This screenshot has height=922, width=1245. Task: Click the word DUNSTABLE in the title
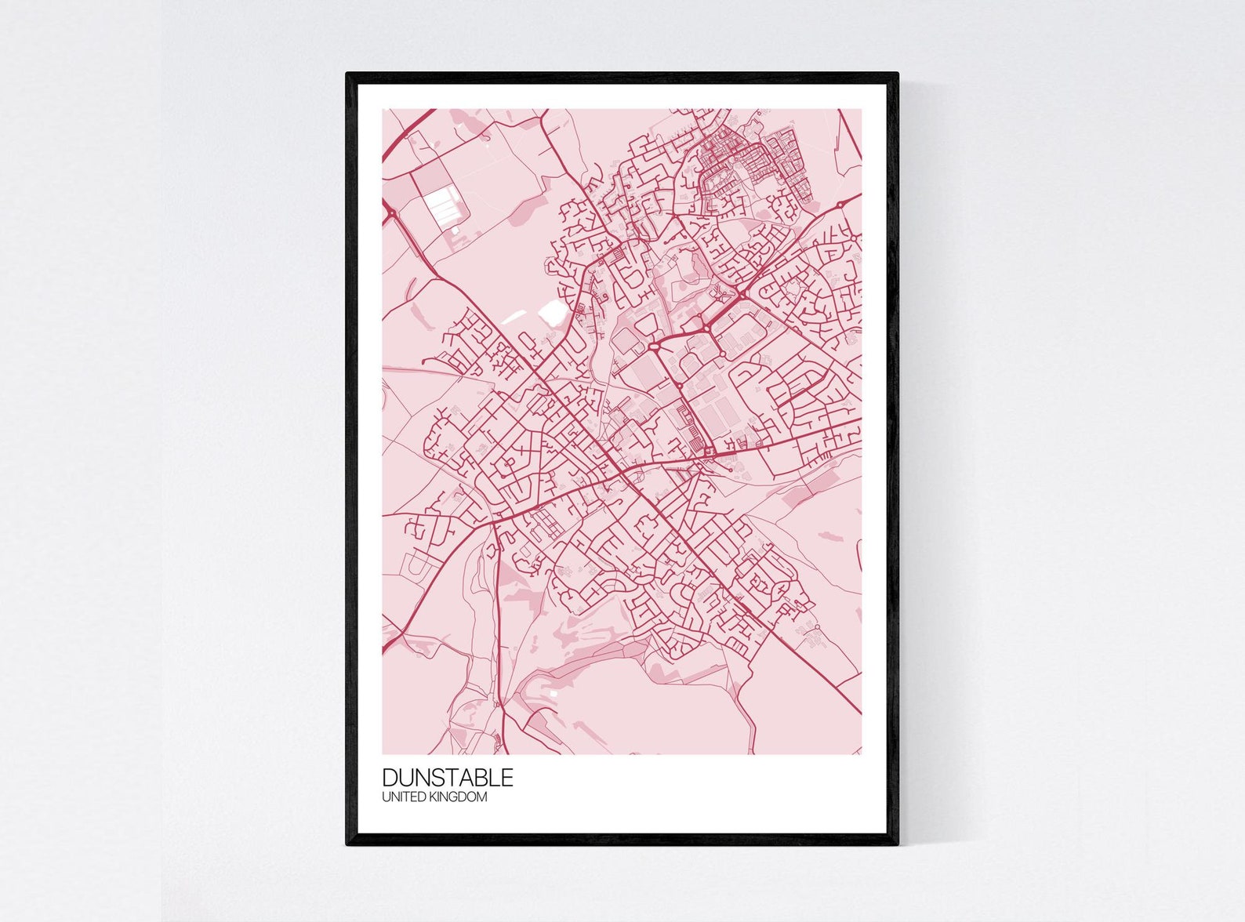point(448,777)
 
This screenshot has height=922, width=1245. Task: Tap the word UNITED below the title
point(401,797)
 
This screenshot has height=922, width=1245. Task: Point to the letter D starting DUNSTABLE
point(390,777)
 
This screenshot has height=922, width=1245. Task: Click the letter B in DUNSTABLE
point(481,777)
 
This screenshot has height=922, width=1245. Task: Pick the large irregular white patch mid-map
point(550,313)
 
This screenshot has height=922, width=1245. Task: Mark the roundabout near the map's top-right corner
point(840,205)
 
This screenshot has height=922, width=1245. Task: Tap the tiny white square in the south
point(554,693)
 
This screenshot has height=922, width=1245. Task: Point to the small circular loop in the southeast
point(816,627)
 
